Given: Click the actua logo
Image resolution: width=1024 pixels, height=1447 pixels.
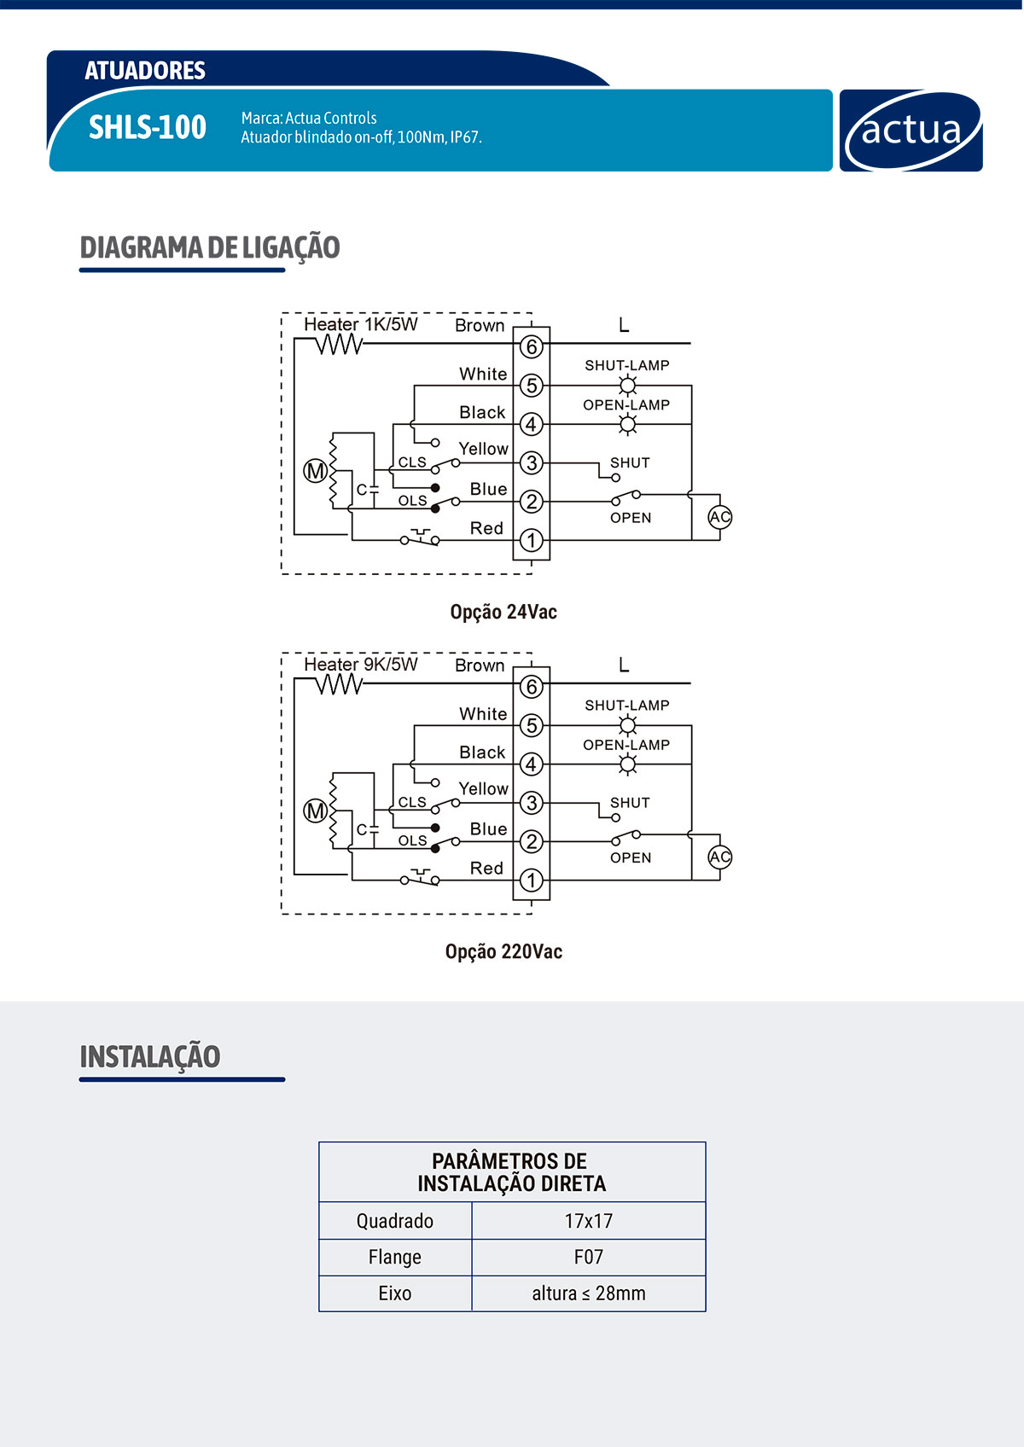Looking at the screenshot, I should coord(911,131).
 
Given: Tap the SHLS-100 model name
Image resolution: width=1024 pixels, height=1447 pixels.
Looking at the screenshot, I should coord(148,127).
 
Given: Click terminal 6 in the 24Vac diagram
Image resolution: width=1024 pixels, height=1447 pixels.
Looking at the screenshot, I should coord(532,346).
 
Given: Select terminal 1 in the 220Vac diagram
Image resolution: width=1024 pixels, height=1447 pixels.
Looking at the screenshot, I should coord(532,880).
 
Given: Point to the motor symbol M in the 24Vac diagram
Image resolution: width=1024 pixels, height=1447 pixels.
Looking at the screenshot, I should coord(315,471).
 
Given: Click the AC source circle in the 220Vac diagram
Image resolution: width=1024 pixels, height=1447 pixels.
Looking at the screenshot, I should coord(720,857).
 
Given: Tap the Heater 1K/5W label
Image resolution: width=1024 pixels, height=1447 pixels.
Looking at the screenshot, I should coord(361,324).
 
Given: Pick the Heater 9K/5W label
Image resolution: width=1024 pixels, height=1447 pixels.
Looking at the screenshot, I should coord(361,664).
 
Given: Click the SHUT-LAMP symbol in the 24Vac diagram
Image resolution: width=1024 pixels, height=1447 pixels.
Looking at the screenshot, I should coord(628,386).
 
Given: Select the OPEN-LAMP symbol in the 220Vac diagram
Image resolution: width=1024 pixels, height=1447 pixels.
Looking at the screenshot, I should coord(628,764).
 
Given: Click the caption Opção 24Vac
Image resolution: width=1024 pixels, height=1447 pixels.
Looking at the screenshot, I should coord(503,612).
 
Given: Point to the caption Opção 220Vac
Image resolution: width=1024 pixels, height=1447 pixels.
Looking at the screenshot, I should coord(503,951).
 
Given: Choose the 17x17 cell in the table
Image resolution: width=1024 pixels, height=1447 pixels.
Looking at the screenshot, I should coord(589,1221).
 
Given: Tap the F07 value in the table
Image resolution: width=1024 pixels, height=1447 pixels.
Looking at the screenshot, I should coord(589,1257).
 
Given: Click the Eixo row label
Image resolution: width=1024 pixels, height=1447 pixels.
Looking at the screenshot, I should coord(395,1293).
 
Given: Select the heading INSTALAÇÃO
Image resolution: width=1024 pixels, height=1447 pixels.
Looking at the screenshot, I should coord(150,1056).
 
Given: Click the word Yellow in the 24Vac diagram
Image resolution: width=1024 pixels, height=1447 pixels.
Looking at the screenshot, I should coord(483,449).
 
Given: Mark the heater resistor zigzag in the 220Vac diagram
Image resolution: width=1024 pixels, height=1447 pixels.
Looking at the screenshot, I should coord(340,684).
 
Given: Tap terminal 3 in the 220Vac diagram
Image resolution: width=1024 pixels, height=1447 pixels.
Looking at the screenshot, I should coord(532,803).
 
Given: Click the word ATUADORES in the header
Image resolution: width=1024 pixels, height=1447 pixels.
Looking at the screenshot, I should coord(145,70).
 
